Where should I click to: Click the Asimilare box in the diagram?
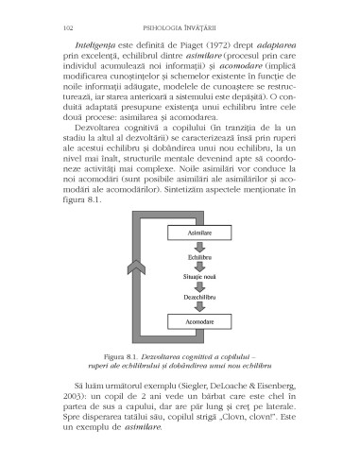197,232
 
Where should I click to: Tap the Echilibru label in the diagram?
197,256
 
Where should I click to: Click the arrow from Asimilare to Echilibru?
197,245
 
